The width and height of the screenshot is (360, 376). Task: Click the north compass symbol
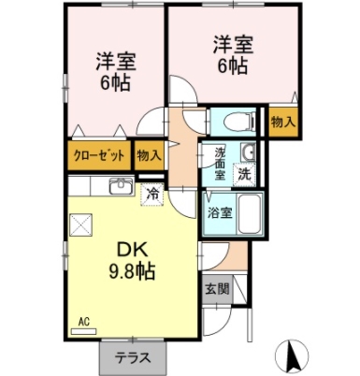pyautogui.click(x=292, y=355)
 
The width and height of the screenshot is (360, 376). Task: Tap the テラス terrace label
pyautogui.click(x=133, y=358)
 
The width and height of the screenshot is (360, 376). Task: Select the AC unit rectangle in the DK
pyautogui.click(x=83, y=332)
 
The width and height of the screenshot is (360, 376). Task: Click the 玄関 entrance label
pyautogui.click(x=217, y=289)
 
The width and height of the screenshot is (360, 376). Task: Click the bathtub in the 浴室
pyautogui.click(x=250, y=214)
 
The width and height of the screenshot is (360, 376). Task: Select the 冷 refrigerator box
pyautogui.click(x=152, y=195)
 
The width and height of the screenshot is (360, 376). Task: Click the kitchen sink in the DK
pyautogui.click(x=122, y=186)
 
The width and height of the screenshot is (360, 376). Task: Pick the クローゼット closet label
pyautogui.click(x=99, y=155)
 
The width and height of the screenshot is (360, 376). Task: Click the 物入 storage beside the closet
pyautogui.click(x=150, y=155)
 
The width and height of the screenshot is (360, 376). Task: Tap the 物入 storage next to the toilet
pyautogui.click(x=282, y=122)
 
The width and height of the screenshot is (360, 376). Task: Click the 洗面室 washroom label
pyautogui.click(x=220, y=164)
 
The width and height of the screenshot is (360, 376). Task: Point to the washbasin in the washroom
pyautogui.click(x=248, y=152)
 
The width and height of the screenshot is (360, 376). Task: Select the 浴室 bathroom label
pyautogui.click(x=220, y=213)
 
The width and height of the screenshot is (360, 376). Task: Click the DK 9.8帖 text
pyautogui.click(x=132, y=261)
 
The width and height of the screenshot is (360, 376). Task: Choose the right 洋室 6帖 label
pyautogui.click(x=233, y=55)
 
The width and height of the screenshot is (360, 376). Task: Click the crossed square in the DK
pyautogui.click(x=81, y=224)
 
